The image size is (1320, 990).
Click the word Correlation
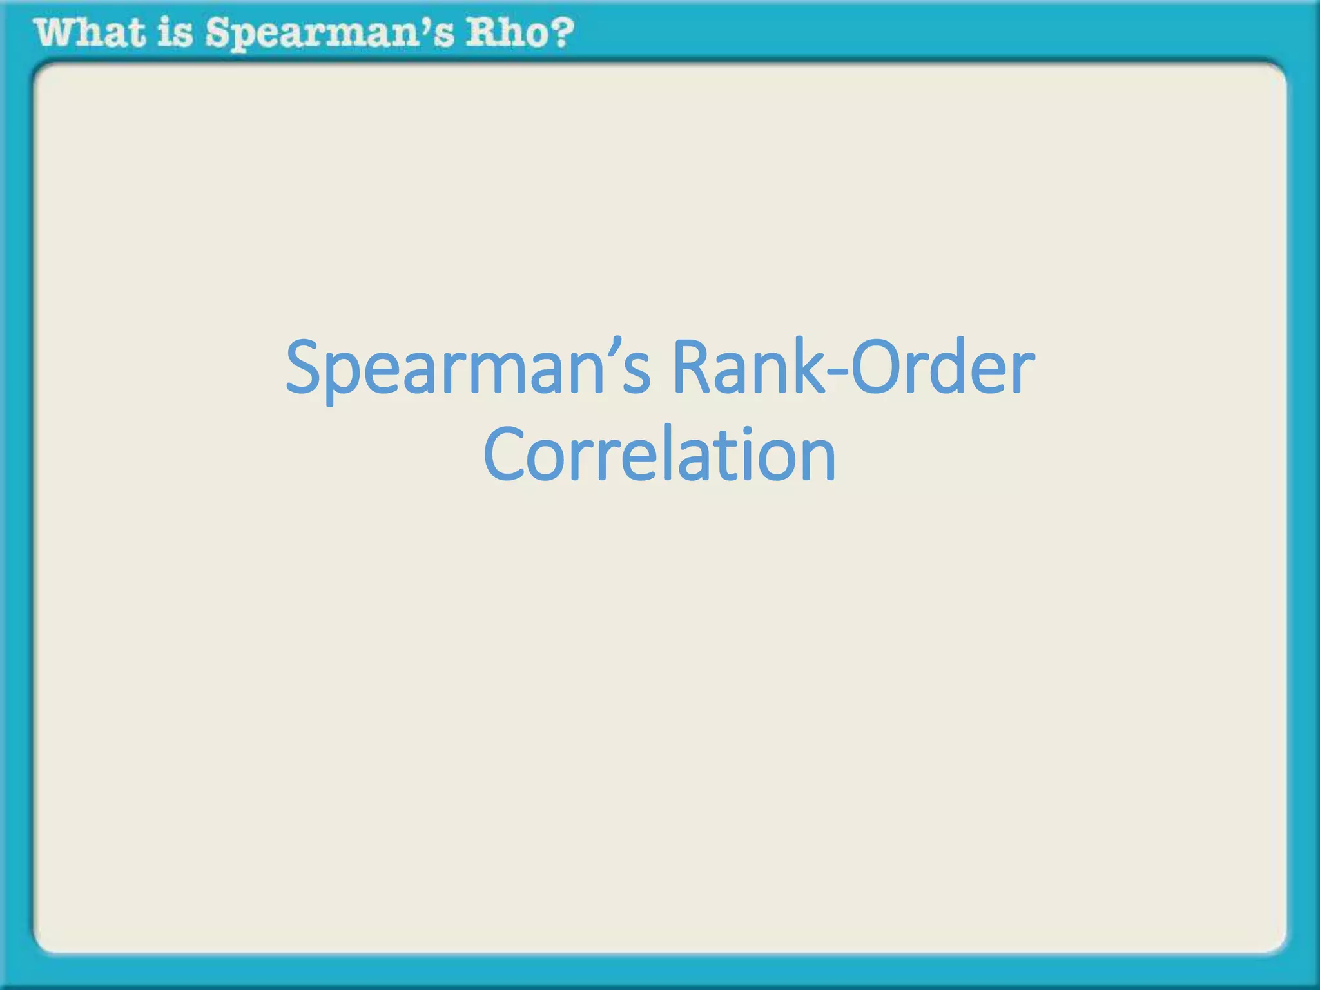pyautogui.click(x=659, y=454)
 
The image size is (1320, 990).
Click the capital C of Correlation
pyautogui.click(x=505, y=454)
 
